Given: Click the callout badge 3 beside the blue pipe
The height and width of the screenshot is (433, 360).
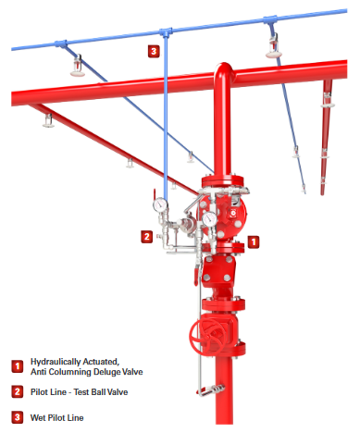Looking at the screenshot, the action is pos(154,51).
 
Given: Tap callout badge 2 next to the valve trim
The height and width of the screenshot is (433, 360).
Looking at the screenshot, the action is pos(147,237).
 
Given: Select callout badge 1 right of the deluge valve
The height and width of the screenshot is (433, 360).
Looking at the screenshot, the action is pos(254,242).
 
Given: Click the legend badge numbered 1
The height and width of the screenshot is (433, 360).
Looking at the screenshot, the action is pos(18,366).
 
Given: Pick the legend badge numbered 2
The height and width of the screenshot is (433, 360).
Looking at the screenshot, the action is pos(18,392).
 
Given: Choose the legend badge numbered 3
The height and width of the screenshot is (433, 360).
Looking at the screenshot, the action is pos(18,417).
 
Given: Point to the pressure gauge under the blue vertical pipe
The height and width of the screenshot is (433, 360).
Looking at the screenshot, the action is pos(160,204).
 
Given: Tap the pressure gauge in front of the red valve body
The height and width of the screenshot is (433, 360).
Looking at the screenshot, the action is pos(209,219).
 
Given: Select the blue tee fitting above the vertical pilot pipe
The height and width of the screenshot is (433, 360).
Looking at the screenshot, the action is pos(166,31).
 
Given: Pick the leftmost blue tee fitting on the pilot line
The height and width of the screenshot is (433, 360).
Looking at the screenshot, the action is pos(61,43).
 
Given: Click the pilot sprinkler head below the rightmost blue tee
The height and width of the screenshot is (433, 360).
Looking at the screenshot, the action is pos(274,47).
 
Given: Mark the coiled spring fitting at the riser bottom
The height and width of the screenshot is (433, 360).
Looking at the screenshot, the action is pos(211,390).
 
